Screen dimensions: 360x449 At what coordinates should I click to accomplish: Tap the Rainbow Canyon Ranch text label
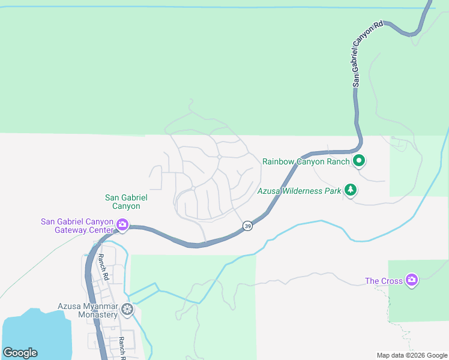pyautogui.click(x=306, y=161)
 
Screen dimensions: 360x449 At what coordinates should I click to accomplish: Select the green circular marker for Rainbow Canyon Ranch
pyautogui.click(x=359, y=161)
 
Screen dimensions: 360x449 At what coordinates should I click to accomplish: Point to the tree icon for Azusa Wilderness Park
pyautogui.click(x=351, y=191)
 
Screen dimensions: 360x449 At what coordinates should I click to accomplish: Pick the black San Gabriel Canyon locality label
pyautogui.click(x=126, y=202)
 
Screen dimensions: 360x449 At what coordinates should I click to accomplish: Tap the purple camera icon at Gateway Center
pyautogui.click(x=122, y=226)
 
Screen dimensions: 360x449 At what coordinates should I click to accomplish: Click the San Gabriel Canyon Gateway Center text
pyautogui.click(x=76, y=226)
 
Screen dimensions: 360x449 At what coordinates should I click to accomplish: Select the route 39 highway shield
pyautogui.click(x=247, y=226)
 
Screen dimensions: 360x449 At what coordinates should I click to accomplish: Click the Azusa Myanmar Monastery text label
pyautogui.click(x=88, y=310)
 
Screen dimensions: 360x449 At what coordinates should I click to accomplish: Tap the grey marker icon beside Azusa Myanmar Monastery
pyautogui.click(x=127, y=310)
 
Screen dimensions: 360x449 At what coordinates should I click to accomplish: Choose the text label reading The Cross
pyautogui.click(x=384, y=280)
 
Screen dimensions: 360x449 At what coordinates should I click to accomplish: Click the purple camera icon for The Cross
pyautogui.click(x=411, y=280)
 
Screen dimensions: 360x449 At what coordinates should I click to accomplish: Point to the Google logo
pyautogui.click(x=20, y=353)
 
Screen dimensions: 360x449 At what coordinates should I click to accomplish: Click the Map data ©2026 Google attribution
pyautogui.click(x=412, y=355)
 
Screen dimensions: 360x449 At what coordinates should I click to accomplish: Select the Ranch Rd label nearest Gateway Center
pyautogui.click(x=103, y=267)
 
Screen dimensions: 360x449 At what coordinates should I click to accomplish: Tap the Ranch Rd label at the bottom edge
pyautogui.click(x=122, y=346)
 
